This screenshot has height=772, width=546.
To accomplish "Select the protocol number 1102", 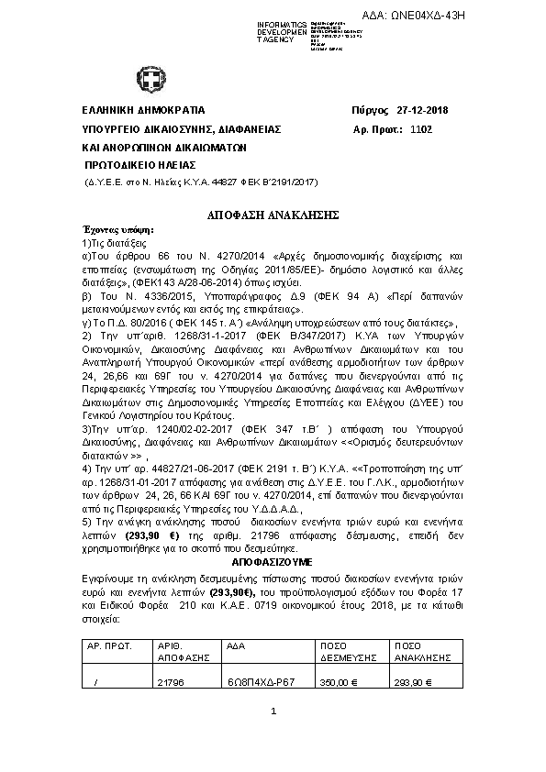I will click(x=421, y=129).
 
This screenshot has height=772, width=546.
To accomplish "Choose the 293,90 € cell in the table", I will click(x=414, y=682).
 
